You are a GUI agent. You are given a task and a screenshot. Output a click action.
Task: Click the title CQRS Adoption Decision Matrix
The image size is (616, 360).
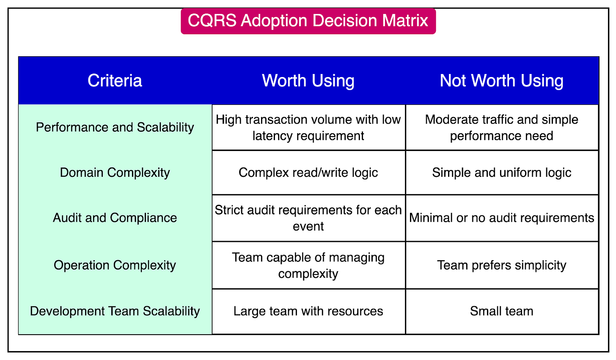click(x=308, y=21)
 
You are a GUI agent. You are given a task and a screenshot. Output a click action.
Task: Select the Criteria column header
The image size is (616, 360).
click(x=115, y=81)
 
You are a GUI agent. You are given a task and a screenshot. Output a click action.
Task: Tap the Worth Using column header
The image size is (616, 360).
click(x=308, y=81)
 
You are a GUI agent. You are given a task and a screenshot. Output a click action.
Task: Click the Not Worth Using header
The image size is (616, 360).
click(x=501, y=81)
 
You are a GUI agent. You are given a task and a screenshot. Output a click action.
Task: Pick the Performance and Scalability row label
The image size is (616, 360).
click(x=115, y=127)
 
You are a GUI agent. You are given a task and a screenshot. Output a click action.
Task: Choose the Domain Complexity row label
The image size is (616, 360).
click(x=115, y=173)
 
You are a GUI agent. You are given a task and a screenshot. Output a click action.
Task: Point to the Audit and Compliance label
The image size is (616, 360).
click(x=115, y=218)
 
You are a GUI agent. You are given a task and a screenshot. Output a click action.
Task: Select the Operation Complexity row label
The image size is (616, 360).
click(x=115, y=265)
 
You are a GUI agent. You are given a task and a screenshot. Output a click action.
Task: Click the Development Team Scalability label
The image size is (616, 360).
click(x=115, y=311)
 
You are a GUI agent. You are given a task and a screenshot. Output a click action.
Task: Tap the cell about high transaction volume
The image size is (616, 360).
click(x=308, y=127)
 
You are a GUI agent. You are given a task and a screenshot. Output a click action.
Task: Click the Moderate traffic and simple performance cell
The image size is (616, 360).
click(x=501, y=127)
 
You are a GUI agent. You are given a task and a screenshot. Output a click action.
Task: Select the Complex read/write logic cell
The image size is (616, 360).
click(x=308, y=173)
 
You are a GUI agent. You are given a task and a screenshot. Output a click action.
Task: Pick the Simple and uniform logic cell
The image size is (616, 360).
click(x=501, y=173)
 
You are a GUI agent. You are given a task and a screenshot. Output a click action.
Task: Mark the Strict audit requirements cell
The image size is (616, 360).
click(x=308, y=218)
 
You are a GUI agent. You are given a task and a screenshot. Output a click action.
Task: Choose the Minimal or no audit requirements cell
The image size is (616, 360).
click(x=501, y=218)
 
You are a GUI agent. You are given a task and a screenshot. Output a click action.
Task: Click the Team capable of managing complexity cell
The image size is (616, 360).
click(x=308, y=265)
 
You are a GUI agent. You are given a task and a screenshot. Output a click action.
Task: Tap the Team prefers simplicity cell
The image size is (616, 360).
click(x=501, y=265)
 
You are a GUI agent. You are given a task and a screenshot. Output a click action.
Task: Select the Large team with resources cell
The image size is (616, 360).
click(x=308, y=311)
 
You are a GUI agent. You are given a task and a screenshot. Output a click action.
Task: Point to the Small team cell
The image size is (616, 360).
click(x=501, y=311)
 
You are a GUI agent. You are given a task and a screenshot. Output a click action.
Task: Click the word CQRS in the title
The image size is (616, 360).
click(x=212, y=21)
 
